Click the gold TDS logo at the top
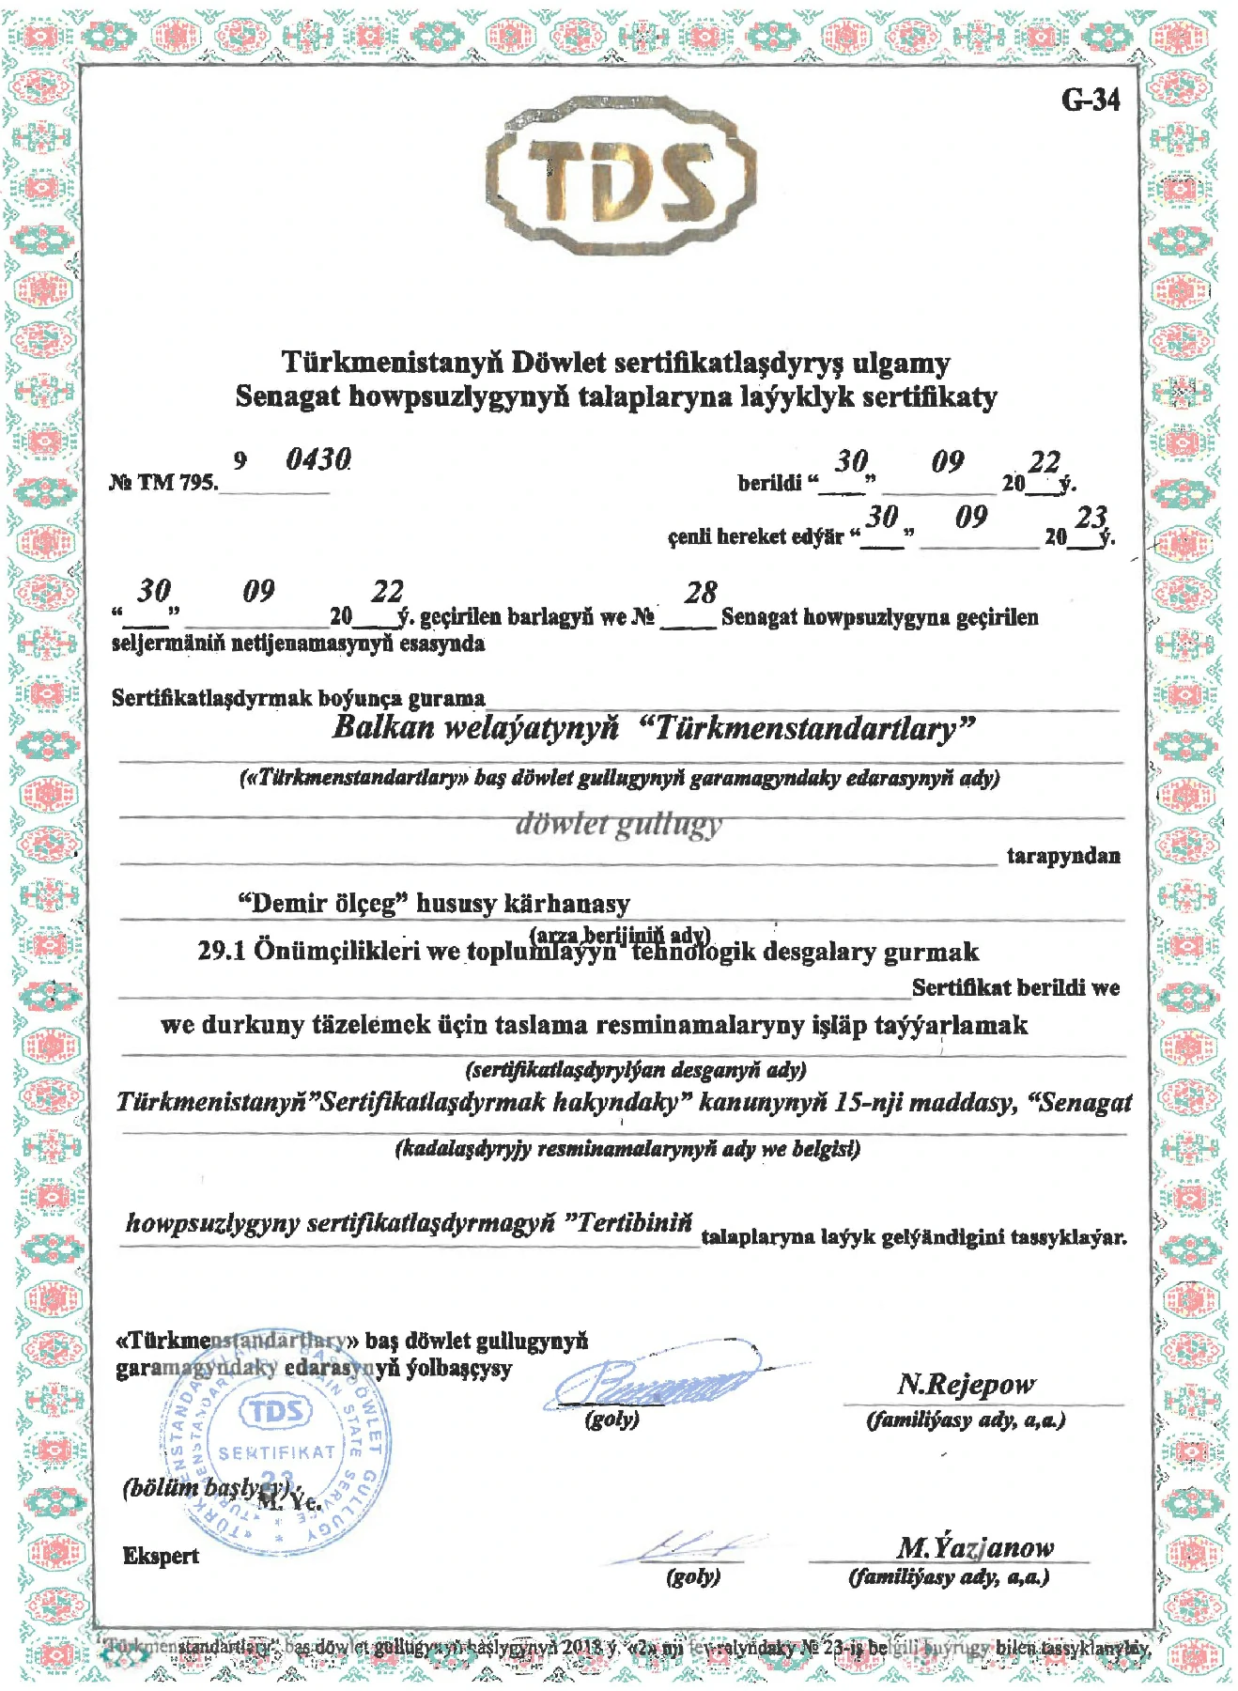(621, 176)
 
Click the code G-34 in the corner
(1090, 100)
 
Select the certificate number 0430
(318, 459)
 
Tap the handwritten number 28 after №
(700, 593)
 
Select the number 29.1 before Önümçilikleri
(222, 951)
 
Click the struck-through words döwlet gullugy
(618, 824)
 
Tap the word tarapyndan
(1062, 856)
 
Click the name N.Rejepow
(966, 1384)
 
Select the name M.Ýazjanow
(974, 1547)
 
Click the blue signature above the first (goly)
(658, 1377)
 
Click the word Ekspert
(161, 1556)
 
